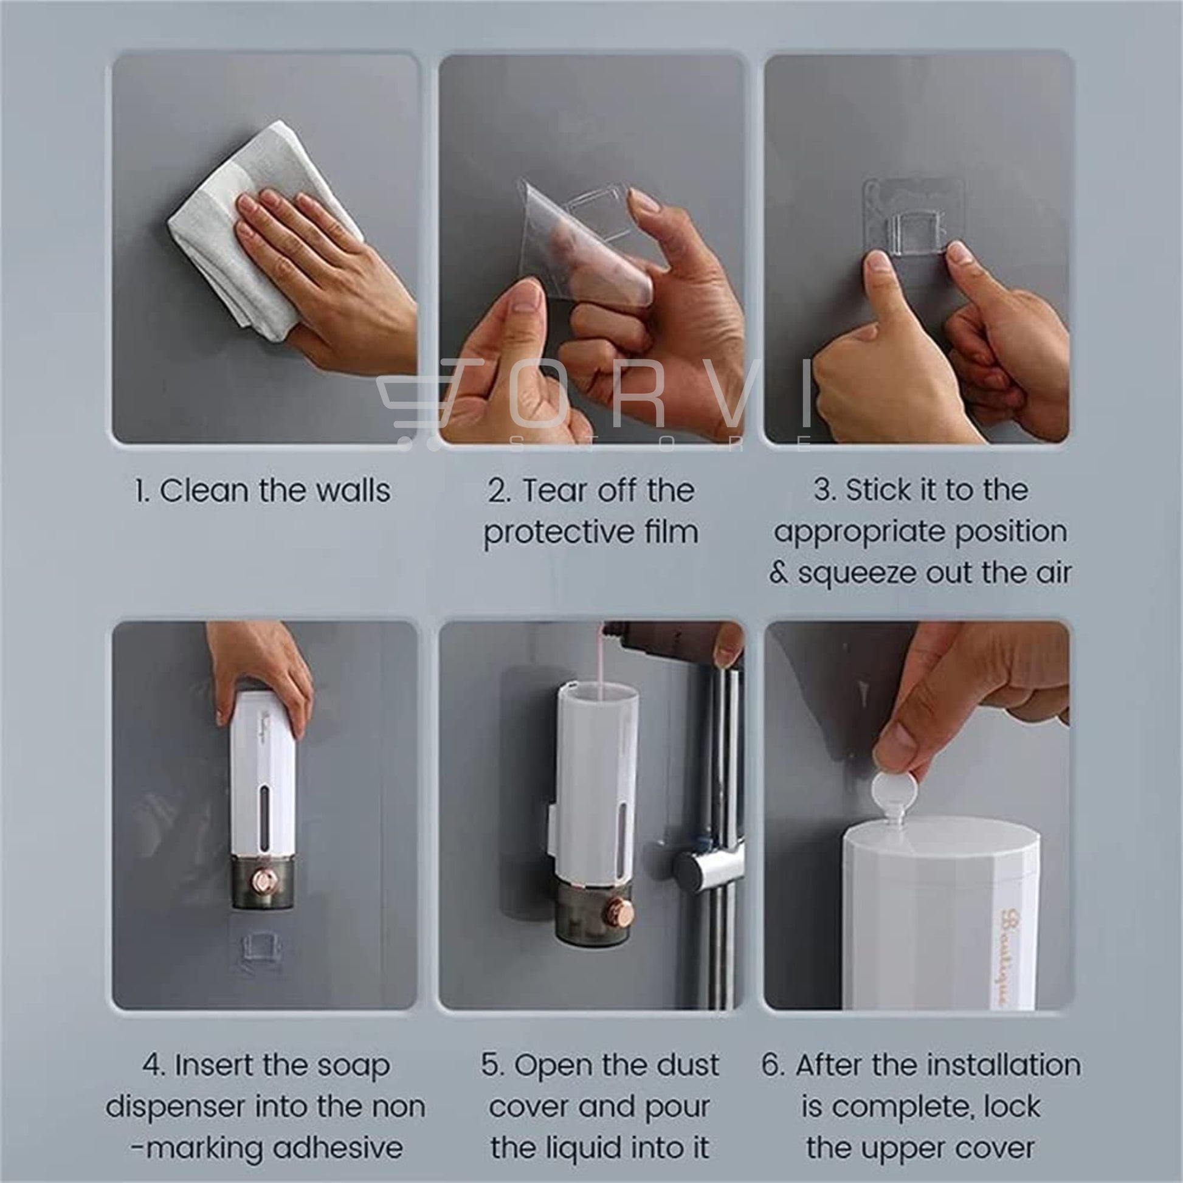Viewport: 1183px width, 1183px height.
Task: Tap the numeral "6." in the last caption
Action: click(773, 1066)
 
